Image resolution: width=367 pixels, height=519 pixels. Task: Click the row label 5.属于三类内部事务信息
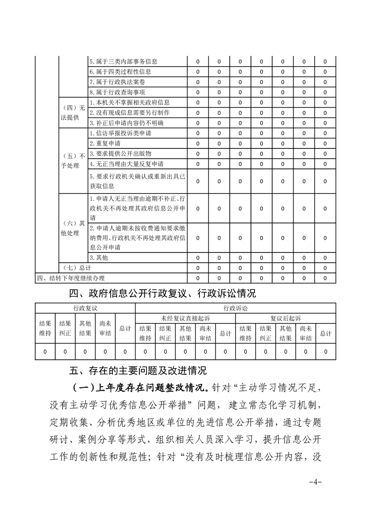124,62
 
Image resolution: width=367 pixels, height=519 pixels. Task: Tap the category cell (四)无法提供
73,112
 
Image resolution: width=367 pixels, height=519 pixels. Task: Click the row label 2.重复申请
105,143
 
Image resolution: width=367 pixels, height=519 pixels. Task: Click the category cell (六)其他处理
73,228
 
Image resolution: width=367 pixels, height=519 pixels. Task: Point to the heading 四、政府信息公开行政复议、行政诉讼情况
162,293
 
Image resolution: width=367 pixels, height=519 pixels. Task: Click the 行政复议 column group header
85,308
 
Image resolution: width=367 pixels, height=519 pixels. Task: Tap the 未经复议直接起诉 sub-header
185,318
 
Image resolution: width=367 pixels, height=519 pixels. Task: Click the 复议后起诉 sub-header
286,318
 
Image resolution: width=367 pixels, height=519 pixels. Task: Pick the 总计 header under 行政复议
125,328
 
